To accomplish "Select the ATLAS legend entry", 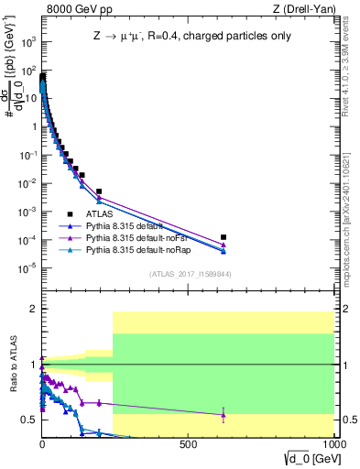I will coord(100,213).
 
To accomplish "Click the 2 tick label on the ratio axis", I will coord(33,310).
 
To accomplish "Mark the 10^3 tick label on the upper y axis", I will coord(27,42).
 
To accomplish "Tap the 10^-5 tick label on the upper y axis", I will coord(27,268).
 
